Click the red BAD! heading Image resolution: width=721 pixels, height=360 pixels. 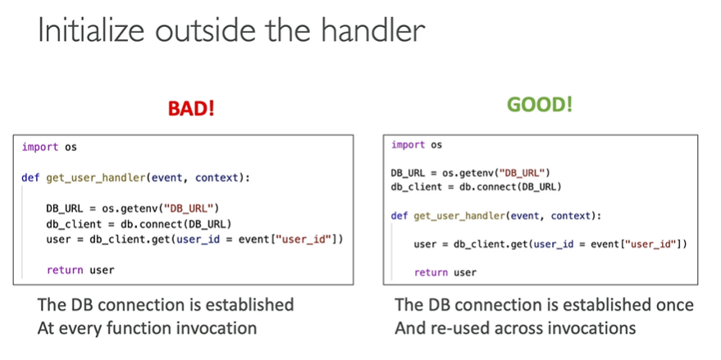pos(190,108)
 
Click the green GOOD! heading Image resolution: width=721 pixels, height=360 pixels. pos(540,105)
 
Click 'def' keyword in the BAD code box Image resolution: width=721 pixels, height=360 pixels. pos(30,178)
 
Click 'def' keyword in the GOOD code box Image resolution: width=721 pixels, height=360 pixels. pos(399,216)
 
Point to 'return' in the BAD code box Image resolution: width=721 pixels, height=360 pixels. pos(63,269)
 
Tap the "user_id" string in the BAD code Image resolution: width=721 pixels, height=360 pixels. pos(307,239)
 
